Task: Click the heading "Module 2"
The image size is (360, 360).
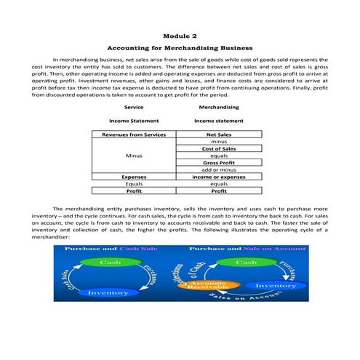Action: pos(180,34)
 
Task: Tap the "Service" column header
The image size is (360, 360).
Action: pos(134,107)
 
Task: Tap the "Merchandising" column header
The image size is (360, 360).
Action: pos(218,107)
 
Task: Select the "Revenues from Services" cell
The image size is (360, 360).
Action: pos(134,135)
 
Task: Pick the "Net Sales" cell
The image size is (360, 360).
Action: pos(219,135)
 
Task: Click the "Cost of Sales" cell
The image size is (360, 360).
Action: pos(219,148)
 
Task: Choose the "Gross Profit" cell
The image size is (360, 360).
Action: pos(219,162)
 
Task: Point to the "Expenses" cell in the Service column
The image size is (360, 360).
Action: pos(134,177)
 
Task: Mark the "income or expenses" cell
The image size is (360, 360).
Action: pos(219,177)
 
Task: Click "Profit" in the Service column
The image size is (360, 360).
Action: pos(134,191)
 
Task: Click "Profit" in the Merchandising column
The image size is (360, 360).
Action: pos(219,191)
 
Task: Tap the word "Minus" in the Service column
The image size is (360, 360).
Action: pos(134,156)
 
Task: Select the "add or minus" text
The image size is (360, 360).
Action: pos(219,169)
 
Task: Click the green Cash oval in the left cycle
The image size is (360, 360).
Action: pos(110,262)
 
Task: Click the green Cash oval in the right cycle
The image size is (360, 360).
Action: pos(247,262)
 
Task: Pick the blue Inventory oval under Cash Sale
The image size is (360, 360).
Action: pos(108,292)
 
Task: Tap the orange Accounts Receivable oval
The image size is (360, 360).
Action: pos(212,285)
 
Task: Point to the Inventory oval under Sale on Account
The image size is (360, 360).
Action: pos(276,286)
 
